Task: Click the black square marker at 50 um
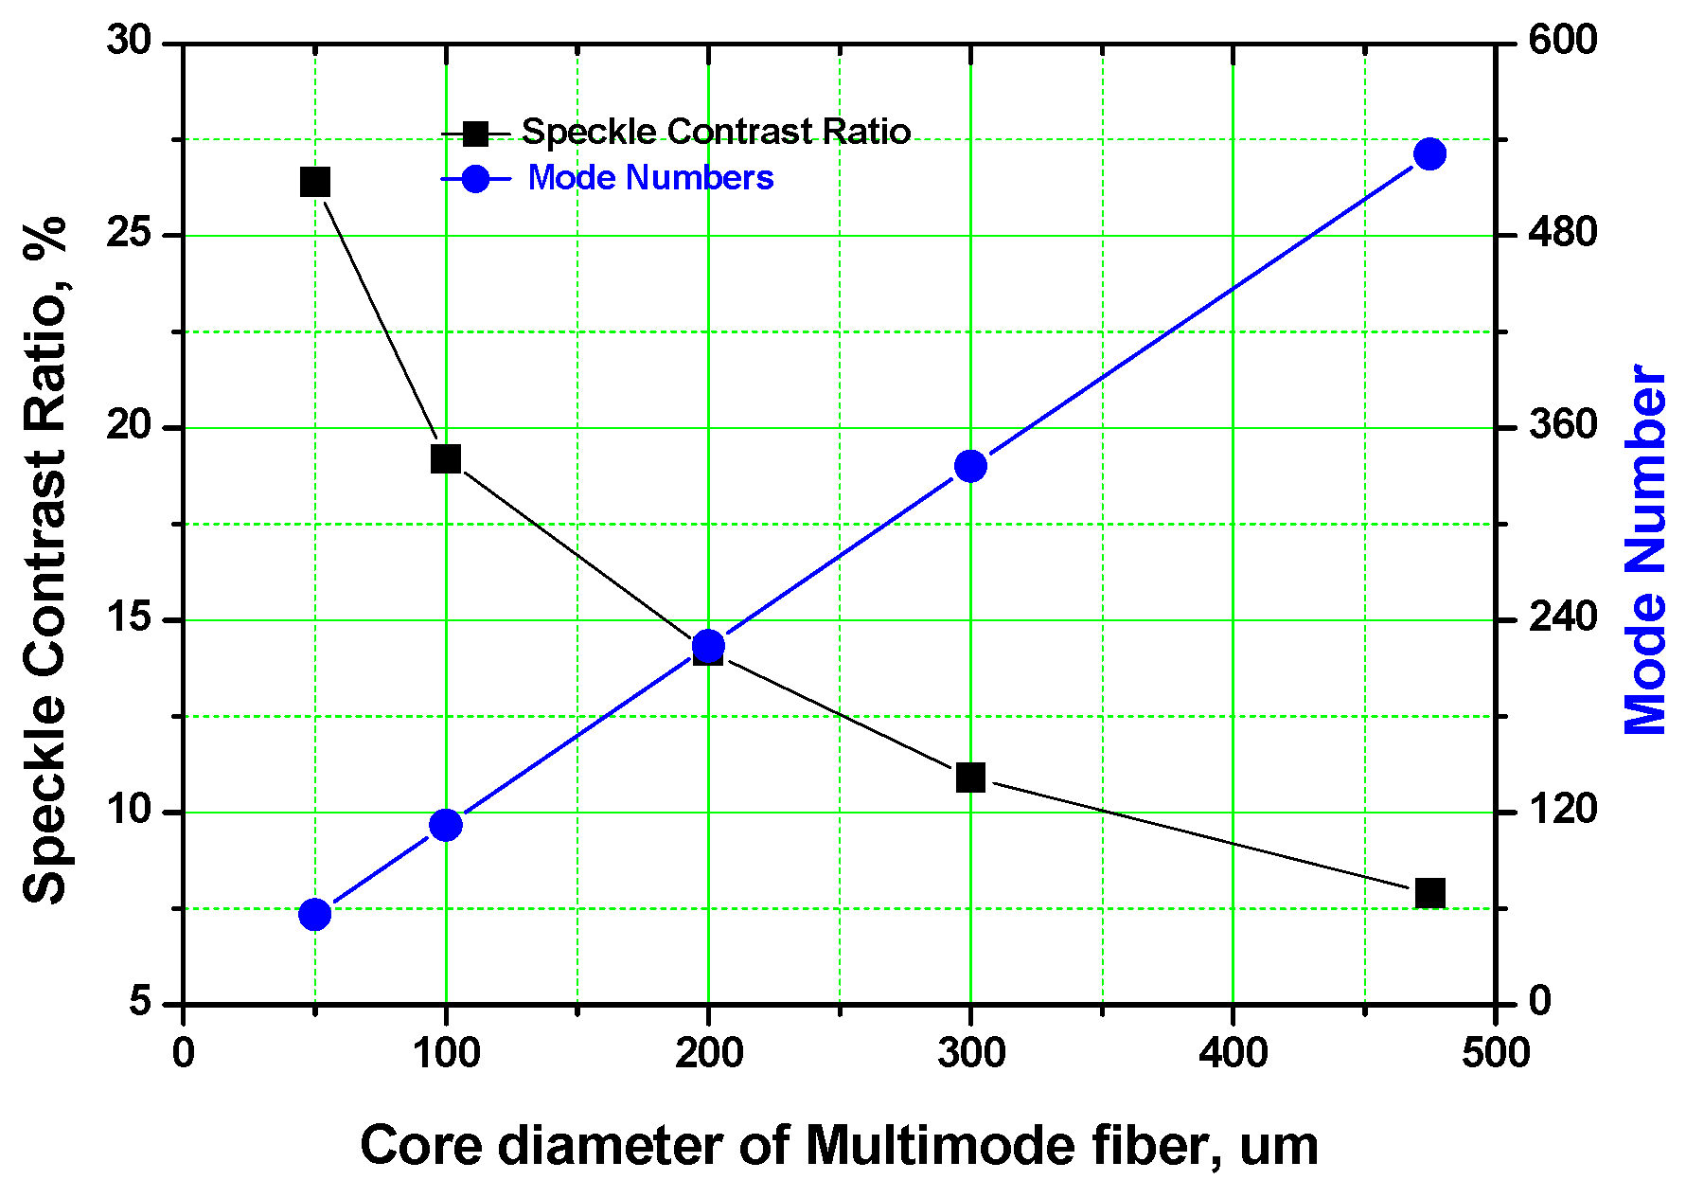[315, 182]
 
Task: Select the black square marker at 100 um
[446, 459]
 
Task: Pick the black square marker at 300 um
[970, 778]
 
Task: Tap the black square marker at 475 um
[1429, 893]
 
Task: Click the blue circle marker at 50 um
[314, 915]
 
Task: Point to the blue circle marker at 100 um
[446, 825]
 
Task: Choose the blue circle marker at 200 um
[708, 646]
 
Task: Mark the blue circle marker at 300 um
[970, 466]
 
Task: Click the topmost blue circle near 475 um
[1429, 154]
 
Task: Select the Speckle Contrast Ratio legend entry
[715, 133]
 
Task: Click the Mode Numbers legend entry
[650, 178]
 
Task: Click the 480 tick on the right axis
[1562, 233]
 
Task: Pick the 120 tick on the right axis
[1562, 810]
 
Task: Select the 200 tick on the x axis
[708, 1053]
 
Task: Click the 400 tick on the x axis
[1233, 1053]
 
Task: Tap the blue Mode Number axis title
[1645, 549]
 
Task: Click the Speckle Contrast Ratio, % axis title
[45, 559]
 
